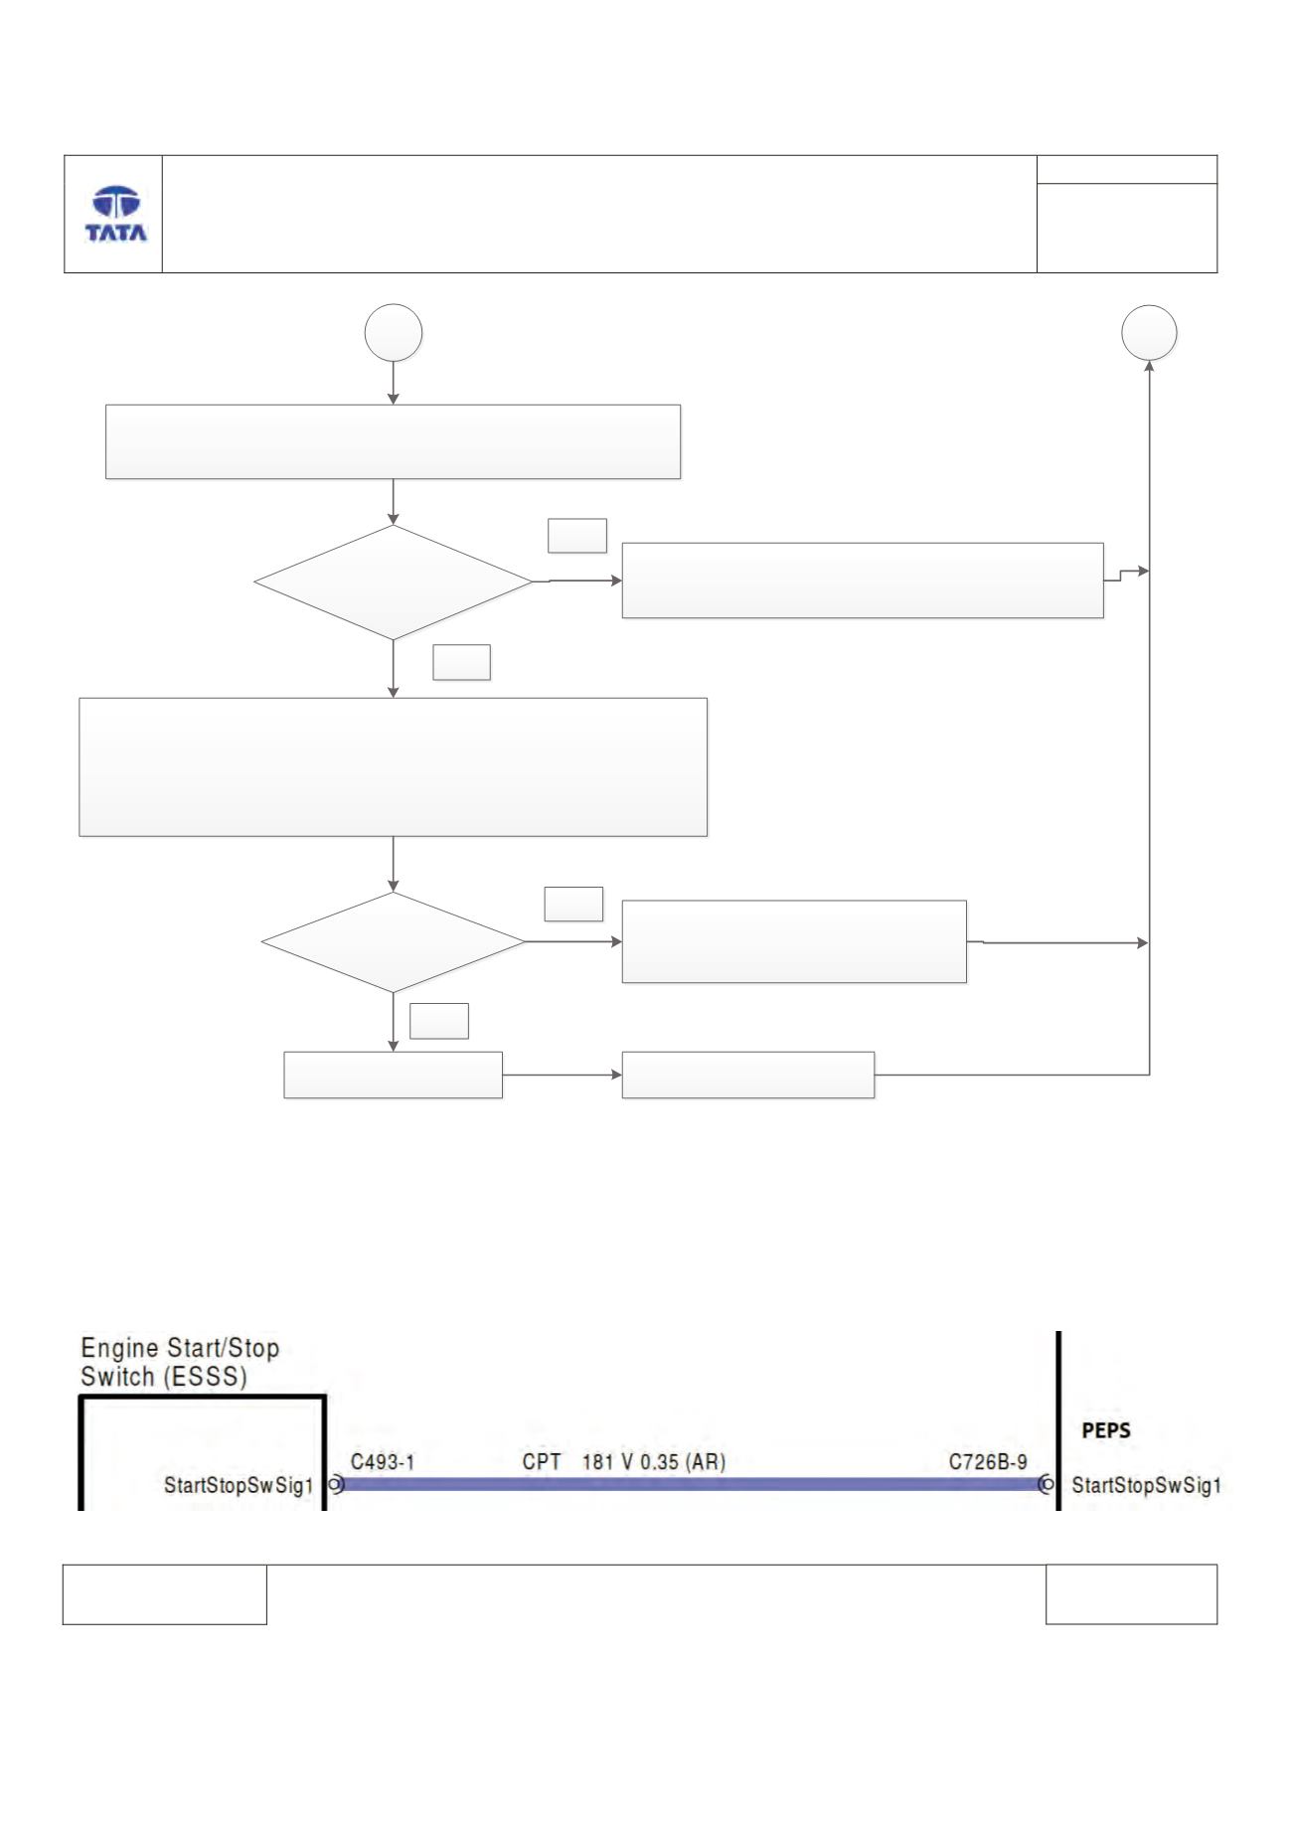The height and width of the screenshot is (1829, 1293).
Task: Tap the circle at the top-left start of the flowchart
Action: pyautogui.click(x=394, y=333)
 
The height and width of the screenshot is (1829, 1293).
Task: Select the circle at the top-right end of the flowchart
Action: pyautogui.click(x=1149, y=333)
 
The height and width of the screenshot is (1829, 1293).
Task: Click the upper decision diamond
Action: pyautogui.click(x=394, y=582)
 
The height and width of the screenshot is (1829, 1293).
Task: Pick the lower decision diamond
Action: pyautogui.click(x=393, y=942)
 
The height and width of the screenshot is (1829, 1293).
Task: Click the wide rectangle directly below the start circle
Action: pyautogui.click(x=394, y=441)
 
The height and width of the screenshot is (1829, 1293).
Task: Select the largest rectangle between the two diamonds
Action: pyautogui.click(x=394, y=766)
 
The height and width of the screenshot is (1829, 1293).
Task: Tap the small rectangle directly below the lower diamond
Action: pyautogui.click(x=394, y=1075)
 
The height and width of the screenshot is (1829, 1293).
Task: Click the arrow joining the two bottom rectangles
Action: pyautogui.click(x=563, y=1075)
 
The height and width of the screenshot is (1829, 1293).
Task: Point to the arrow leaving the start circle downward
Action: pyautogui.click(x=394, y=383)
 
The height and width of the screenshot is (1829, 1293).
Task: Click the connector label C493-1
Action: pyautogui.click(x=383, y=1462)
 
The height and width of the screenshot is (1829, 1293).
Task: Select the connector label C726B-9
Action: pyautogui.click(x=988, y=1462)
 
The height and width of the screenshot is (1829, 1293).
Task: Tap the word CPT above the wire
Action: pyautogui.click(x=542, y=1462)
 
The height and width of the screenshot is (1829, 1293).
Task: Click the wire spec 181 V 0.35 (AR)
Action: pyautogui.click(x=653, y=1462)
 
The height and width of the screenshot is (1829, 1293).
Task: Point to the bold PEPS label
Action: pyautogui.click(x=1105, y=1432)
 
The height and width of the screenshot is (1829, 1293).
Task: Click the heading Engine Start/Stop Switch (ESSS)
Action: pyautogui.click(x=180, y=1363)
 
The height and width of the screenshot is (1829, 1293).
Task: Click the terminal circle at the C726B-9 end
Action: pyautogui.click(x=1047, y=1485)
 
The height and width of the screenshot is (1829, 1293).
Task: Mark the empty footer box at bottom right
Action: pyautogui.click(x=1131, y=1594)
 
